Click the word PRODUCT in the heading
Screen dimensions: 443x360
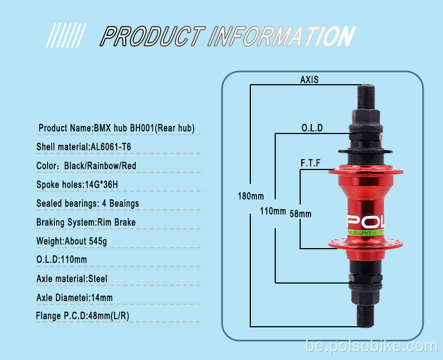[x=153, y=36]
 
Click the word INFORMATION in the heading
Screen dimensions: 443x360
[x=281, y=36]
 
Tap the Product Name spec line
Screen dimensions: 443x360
[x=116, y=128]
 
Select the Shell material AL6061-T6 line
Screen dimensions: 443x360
[x=84, y=147]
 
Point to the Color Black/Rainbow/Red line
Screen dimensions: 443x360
[x=86, y=166]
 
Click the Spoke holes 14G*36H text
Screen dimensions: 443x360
[x=77, y=184]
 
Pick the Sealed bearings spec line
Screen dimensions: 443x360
[x=87, y=203]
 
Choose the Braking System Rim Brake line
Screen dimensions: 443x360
[x=86, y=223]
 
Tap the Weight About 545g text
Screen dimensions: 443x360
[x=71, y=241]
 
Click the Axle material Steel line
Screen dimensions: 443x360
[x=72, y=279]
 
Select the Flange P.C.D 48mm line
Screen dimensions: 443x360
[x=83, y=316]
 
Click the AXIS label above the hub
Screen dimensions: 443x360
[x=309, y=80]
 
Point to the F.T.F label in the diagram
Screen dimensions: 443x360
[x=310, y=163]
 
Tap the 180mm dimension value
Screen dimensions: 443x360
[x=251, y=196]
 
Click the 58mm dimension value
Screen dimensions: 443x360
[x=300, y=214]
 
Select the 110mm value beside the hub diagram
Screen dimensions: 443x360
[x=272, y=211]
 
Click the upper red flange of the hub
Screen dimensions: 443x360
[x=366, y=171]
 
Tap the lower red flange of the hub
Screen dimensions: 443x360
[x=366, y=243]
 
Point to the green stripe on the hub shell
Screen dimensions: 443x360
[x=365, y=233]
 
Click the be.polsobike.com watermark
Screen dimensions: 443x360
[x=372, y=346]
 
